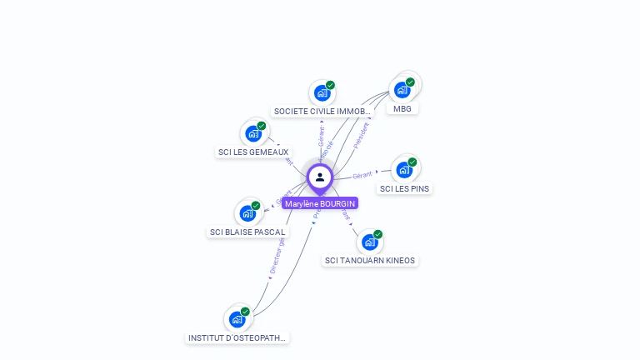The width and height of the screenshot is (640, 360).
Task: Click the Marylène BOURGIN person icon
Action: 320,177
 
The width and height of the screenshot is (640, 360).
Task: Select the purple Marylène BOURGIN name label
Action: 320,203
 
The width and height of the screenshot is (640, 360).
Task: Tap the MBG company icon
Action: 402,89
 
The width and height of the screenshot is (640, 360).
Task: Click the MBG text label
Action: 402,108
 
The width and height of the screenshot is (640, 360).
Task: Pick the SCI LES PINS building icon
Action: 404,170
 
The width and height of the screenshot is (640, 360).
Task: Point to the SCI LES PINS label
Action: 404,189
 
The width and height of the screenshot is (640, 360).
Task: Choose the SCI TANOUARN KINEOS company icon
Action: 370,242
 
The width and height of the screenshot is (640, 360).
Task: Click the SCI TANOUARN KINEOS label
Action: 370,261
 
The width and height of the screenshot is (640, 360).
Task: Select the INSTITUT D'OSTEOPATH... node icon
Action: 237,319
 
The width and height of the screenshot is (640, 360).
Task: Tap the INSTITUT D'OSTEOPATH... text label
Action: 237,338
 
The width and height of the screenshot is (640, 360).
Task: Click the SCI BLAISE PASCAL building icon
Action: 247,213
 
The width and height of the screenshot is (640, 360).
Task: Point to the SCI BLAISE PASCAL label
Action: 247,232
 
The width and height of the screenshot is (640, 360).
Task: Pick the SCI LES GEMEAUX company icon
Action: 253,133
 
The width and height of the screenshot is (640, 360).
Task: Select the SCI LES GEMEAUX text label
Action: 253,152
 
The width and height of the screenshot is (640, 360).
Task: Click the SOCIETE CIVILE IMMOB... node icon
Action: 322,92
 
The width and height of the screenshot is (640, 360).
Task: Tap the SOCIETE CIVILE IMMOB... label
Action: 322,112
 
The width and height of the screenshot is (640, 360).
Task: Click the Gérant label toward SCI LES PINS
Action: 362,175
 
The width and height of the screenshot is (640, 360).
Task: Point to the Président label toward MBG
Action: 361,135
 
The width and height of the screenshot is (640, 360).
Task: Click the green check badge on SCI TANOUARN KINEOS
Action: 377,234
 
